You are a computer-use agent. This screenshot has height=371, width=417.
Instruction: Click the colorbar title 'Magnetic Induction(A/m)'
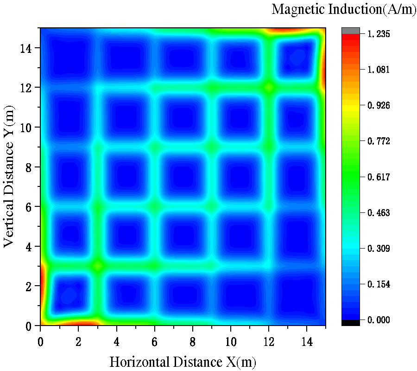(343, 9)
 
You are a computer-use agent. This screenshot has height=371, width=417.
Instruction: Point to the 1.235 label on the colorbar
(379, 34)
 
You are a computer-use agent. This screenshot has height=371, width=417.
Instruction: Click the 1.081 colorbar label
(379, 70)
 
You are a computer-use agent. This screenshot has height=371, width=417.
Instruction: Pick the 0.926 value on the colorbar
(379, 105)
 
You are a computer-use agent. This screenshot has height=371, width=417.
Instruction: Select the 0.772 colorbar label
(379, 141)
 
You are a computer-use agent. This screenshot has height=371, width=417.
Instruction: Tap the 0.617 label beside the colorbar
(379, 177)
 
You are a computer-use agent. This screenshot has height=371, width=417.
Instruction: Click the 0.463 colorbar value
(379, 213)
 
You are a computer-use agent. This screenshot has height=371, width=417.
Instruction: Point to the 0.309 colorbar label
(379, 249)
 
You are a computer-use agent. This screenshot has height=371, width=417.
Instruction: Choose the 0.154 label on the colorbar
(379, 284)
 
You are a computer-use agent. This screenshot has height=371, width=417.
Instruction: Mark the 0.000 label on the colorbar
(379, 320)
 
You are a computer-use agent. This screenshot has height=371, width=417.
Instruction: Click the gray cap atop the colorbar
(350, 31)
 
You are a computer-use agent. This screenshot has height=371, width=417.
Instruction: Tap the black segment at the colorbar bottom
(350, 322)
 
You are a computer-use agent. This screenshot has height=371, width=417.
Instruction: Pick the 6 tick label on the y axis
(28, 207)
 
